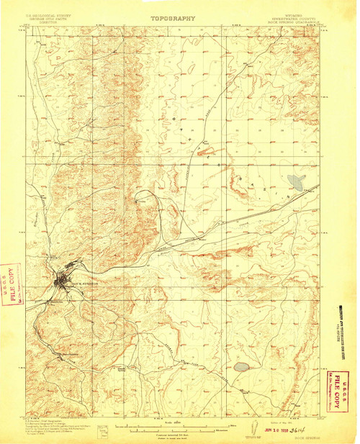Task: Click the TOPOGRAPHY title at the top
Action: [174, 14]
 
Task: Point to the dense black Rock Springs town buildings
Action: [63, 277]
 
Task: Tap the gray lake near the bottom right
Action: [240, 368]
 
